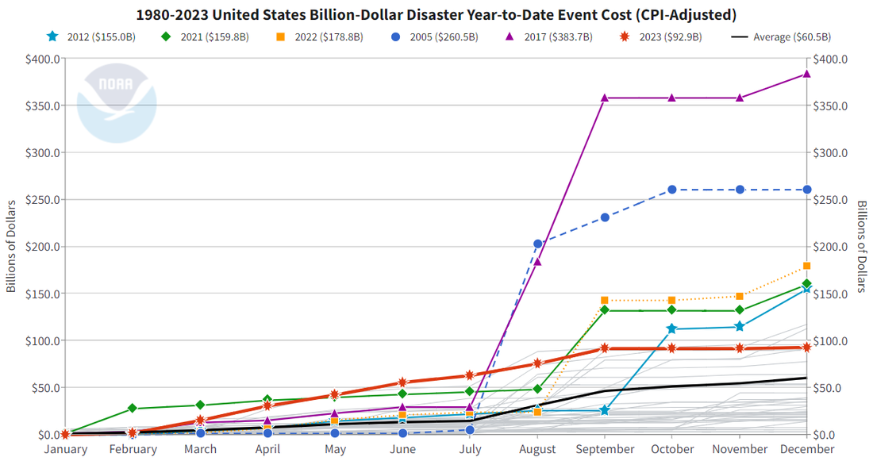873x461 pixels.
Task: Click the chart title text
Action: tap(436, 15)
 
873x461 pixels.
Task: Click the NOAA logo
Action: tap(117, 103)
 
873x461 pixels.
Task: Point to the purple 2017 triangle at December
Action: tap(806, 74)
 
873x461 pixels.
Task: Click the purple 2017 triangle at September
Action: tap(605, 98)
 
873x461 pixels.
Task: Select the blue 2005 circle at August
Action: tap(537, 244)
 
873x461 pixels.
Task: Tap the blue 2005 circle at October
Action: tap(671, 190)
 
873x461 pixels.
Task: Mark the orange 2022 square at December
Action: tap(806, 266)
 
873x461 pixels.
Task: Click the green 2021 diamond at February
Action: tap(133, 408)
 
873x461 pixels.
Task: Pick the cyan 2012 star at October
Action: tap(671, 328)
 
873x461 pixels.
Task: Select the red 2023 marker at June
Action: tap(402, 382)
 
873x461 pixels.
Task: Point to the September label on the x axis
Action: tap(605, 449)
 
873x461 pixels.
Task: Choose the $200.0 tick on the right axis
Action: tap(831, 247)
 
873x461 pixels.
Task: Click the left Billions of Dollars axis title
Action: tap(11, 247)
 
